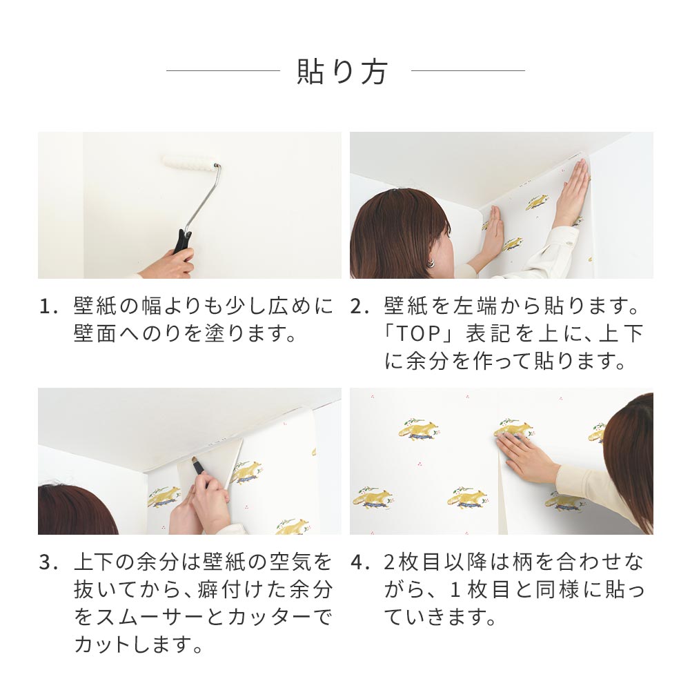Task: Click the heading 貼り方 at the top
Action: tap(342, 71)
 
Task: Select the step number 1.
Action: tap(48, 307)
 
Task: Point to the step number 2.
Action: tap(357, 307)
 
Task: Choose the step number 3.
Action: tap(47, 563)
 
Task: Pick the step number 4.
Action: tap(358, 563)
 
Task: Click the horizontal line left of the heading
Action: tap(223, 70)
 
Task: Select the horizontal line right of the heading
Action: tap(468, 70)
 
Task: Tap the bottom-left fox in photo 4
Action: tap(372, 499)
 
